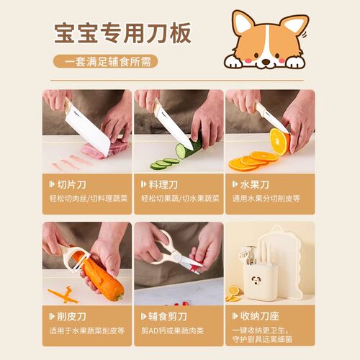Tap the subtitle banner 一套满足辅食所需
(x=105, y=62)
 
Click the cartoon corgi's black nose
(x=268, y=60)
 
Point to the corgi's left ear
(x=243, y=24)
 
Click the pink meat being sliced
(x=98, y=150)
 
